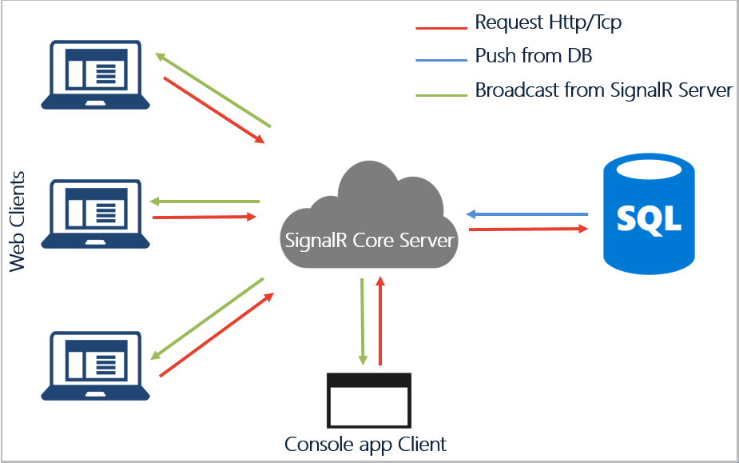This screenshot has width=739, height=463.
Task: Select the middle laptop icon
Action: coord(96,212)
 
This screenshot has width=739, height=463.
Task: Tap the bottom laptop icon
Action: coord(96,365)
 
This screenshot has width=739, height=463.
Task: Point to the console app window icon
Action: coord(368,400)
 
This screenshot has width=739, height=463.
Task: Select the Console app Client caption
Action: coord(365,444)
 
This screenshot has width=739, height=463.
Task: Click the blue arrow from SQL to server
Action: coord(527,214)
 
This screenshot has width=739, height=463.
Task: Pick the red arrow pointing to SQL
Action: coord(527,230)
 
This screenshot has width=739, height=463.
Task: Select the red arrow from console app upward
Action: coord(381,320)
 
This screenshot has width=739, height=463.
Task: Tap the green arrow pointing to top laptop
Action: coord(213,90)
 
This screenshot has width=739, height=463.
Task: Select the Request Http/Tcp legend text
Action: coord(547,22)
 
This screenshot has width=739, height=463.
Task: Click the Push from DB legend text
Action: coord(533,56)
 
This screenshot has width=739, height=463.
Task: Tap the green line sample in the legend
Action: coord(441,95)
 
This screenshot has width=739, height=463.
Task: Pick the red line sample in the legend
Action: coord(441,28)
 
